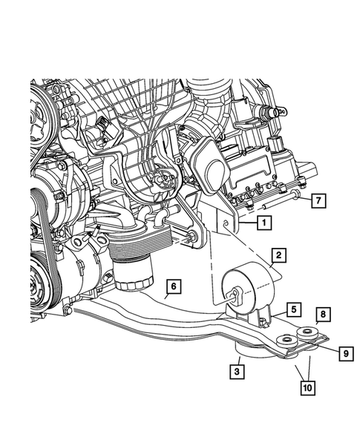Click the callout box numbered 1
[x=264, y=222]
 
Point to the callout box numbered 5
[x=294, y=308]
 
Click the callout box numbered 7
[x=317, y=200]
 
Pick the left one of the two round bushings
[x=284, y=341]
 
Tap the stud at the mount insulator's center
[x=235, y=294]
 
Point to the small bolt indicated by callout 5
[x=262, y=320]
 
